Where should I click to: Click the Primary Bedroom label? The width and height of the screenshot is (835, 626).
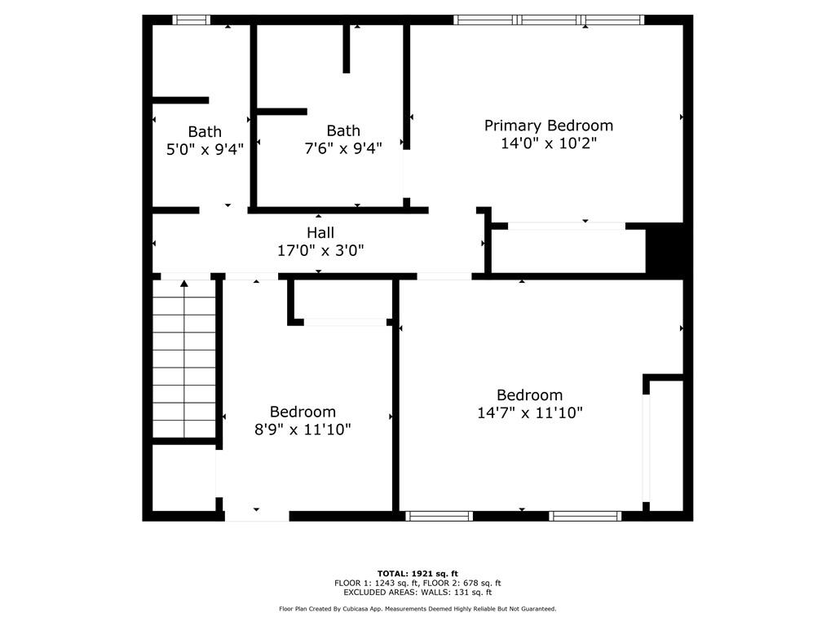549,126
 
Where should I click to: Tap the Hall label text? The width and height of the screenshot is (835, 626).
320,232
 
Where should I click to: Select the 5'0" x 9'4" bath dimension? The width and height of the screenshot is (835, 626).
205,149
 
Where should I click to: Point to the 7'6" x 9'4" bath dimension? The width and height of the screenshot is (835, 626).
343,148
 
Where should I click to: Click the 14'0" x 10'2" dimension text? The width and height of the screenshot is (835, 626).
549,143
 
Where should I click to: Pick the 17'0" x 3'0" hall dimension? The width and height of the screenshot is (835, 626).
320,250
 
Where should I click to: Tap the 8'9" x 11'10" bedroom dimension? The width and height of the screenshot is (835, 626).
303,429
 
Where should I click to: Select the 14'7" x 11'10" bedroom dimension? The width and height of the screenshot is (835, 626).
530,412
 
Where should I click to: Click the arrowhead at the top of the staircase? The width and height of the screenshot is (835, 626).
184,284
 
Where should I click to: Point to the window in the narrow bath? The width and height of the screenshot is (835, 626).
191,20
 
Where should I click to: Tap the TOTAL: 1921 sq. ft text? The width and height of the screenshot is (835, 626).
417,574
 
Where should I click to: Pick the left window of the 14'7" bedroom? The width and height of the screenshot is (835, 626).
440,516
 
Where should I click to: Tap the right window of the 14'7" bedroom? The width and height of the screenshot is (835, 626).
585,516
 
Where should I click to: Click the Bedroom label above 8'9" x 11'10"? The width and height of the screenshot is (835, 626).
303,412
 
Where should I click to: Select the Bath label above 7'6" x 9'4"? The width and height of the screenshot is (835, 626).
343,131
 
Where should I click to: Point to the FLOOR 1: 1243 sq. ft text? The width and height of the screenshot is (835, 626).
376,584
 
